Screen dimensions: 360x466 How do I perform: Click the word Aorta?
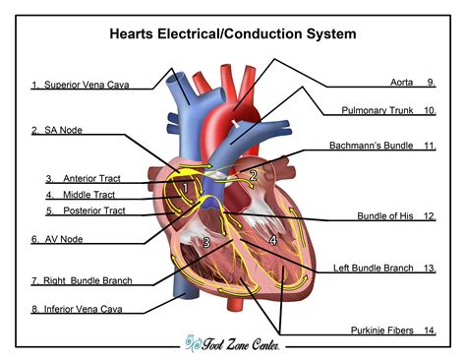(402, 83)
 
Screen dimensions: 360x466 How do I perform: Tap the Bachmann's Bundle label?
(375, 146)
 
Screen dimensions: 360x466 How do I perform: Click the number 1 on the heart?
(184, 187)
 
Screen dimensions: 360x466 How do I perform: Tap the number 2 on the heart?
(253, 177)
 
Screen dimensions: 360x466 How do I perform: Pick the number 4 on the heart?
(272, 239)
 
